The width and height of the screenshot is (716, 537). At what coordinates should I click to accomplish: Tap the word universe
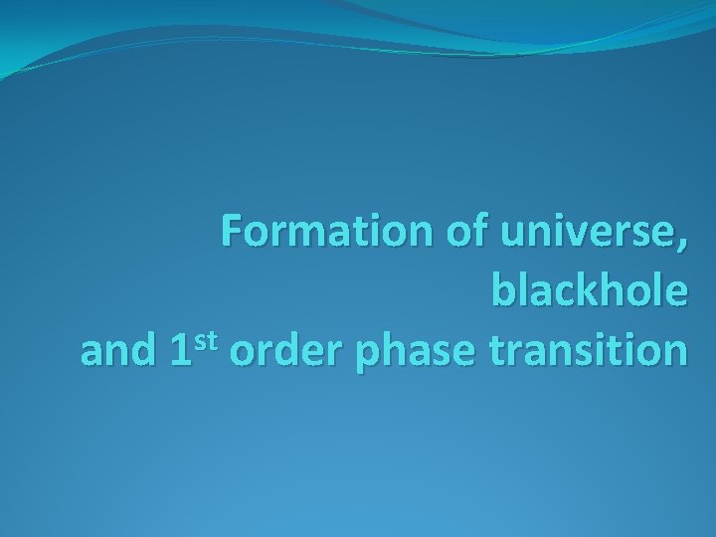click(581, 232)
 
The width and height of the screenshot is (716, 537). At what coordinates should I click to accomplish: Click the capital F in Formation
click(231, 232)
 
